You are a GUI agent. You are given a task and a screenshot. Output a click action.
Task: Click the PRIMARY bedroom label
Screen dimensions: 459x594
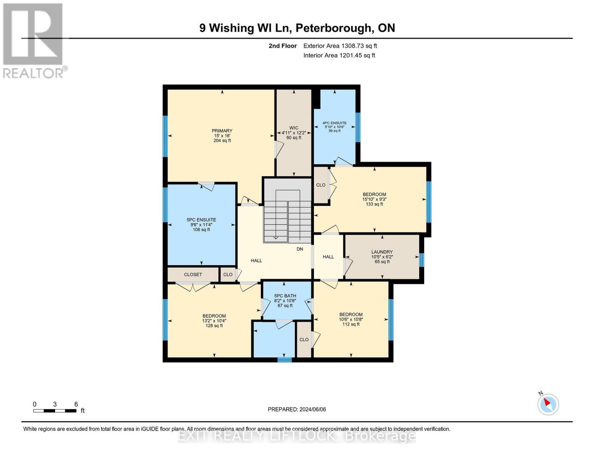pos(222,131)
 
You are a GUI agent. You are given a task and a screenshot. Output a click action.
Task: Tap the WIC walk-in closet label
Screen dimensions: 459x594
pos(294,128)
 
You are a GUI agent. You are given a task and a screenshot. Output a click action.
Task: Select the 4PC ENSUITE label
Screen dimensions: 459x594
pos(334,123)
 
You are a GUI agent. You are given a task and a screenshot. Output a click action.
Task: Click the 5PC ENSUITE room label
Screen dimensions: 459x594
pos(201,220)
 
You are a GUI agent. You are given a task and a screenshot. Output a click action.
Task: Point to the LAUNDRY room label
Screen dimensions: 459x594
pos(382,252)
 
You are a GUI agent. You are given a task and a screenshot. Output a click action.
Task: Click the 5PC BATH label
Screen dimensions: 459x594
pos(285,296)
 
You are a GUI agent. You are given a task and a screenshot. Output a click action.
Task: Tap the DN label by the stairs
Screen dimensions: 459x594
pos(300,249)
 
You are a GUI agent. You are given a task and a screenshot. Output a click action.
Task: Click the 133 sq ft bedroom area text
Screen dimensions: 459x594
pos(374,204)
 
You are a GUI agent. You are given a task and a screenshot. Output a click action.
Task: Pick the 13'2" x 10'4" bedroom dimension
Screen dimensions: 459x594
pos(214,321)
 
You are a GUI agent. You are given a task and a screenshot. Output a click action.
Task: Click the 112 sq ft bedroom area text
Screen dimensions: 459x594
pos(351,324)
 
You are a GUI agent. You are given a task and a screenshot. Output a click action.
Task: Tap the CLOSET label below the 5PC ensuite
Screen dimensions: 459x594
pos(193,275)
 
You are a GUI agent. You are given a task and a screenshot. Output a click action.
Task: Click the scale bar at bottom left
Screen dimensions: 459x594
pos(55,411)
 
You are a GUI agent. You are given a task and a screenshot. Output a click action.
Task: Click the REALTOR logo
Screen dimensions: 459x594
pos(34,40)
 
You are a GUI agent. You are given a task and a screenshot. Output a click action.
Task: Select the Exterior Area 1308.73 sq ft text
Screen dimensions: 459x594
pos(340,46)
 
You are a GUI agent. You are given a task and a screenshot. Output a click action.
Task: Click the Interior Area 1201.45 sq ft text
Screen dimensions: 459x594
pos(339,55)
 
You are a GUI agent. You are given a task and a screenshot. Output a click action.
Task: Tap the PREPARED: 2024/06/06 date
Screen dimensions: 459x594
pos(297,409)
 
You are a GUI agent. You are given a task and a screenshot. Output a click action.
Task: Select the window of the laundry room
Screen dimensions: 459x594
pos(421,260)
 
